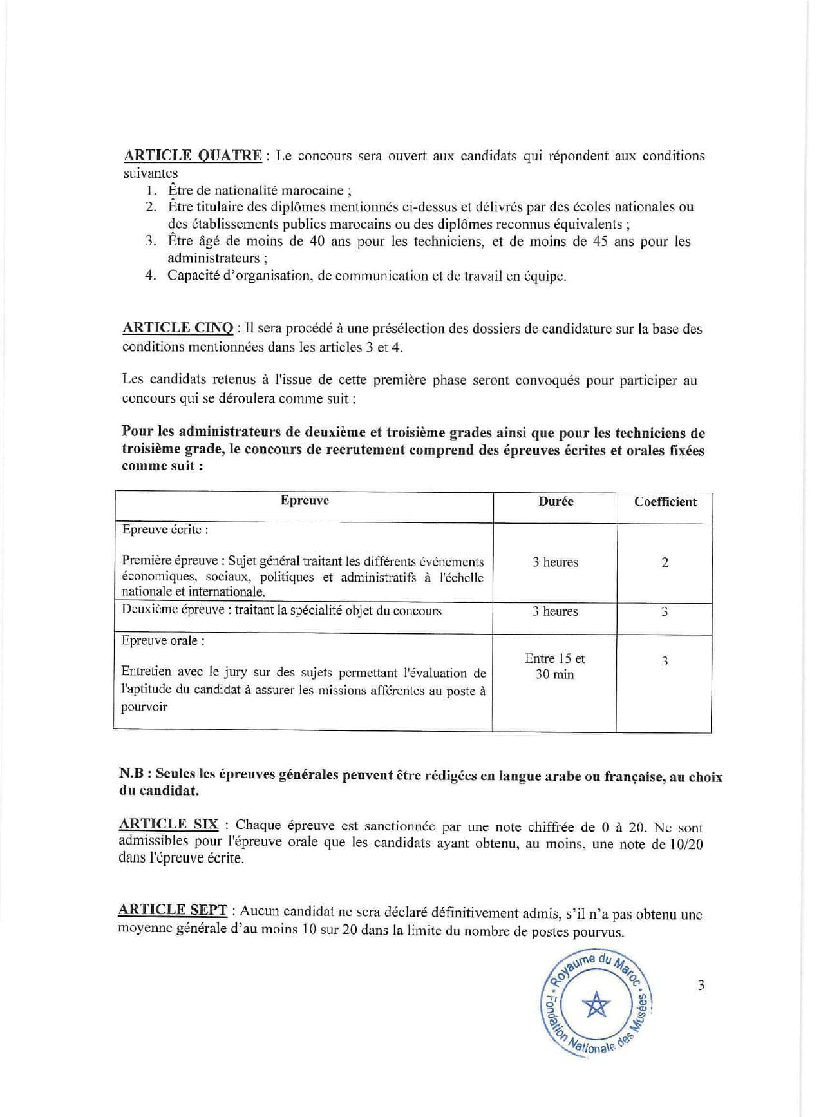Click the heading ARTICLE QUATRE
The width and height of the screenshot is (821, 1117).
(x=193, y=155)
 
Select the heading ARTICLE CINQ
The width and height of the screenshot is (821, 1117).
(x=178, y=328)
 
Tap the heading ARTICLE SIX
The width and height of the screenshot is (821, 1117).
(x=169, y=825)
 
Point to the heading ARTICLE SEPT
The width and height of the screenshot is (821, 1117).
(x=173, y=910)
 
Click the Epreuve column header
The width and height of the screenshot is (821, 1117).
(x=305, y=501)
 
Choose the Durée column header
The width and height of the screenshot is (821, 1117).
(x=556, y=501)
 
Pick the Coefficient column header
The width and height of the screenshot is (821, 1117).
(x=665, y=502)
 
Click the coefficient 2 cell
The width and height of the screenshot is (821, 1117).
(x=665, y=562)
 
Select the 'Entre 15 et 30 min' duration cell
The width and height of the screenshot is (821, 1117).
(x=555, y=667)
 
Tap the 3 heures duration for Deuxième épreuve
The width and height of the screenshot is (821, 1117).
(x=555, y=611)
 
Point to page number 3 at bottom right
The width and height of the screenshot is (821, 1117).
(x=701, y=985)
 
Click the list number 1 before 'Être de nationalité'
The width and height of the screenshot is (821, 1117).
(x=151, y=190)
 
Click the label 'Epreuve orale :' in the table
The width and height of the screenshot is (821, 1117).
(x=163, y=641)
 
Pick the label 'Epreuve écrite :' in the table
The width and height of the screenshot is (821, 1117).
(x=165, y=530)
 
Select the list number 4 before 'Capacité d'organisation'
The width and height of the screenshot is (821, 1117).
(x=151, y=276)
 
